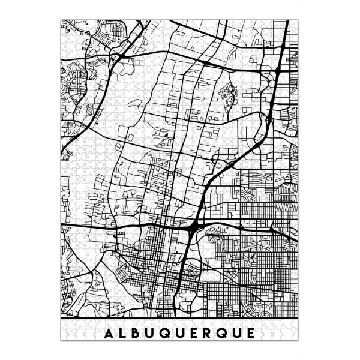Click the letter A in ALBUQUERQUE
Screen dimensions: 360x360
[109, 332]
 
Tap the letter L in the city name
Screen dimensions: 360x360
[123, 332]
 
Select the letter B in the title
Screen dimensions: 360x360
[137, 332]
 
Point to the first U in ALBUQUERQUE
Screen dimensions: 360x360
[152, 332]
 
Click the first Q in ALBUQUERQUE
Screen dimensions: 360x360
[167, 332]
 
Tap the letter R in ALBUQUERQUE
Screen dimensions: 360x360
[211, 332]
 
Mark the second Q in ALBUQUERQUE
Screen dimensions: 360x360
[226, 332]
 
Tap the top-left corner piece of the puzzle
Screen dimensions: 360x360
[65, 25]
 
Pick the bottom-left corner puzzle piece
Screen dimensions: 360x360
[65, 337]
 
